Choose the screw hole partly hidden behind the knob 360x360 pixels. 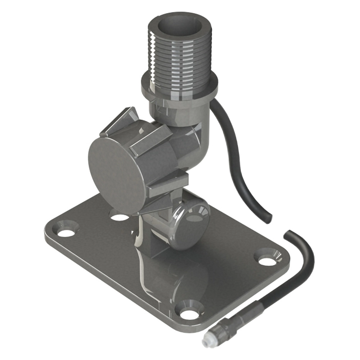119,217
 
